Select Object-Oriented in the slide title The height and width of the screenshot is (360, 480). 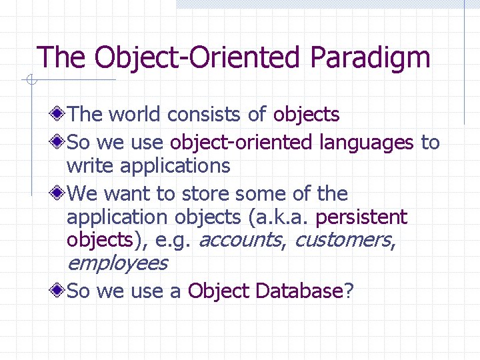click(x=189, y=57)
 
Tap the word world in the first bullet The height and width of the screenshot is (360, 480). click(x=135, y=115)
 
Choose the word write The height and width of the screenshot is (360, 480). click(x=89, y=165)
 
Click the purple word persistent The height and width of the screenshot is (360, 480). click(x=361, y=217)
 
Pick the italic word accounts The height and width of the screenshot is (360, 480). click(x=241, y=240)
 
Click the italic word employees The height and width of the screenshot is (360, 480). click(x=117, y=263)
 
